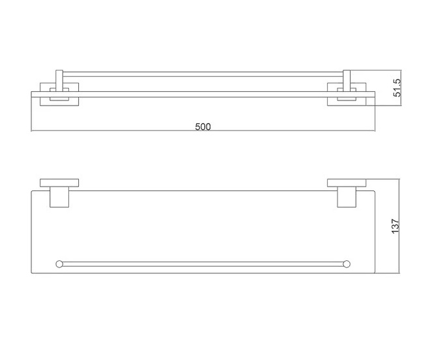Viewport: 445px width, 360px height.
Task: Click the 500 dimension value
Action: (203, 127)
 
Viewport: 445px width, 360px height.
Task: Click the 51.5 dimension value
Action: (397, 88)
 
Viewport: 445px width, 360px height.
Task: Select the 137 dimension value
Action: (395, 226)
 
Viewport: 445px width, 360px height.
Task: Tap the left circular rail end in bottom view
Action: (59, 264)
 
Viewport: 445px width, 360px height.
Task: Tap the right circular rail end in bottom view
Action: (347, 264)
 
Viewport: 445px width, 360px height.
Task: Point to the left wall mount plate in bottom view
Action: (59, 183)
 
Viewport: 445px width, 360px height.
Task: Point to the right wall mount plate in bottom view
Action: (347, 183)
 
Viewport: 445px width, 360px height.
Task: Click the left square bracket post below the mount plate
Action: (59, 197)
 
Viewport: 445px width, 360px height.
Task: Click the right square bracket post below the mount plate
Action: (347, 197)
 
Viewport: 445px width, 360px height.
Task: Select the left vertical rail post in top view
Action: (59, 81)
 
